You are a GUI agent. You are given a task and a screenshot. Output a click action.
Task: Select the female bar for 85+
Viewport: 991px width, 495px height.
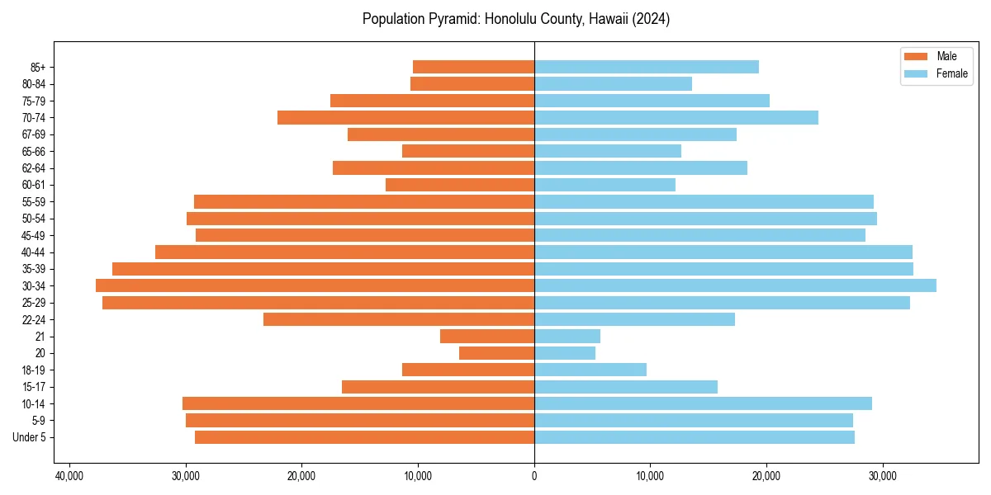(646, 67)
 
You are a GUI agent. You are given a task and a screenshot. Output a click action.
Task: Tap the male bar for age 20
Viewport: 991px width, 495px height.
(496, 353)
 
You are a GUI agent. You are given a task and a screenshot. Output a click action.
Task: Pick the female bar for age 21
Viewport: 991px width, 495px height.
(567, 336)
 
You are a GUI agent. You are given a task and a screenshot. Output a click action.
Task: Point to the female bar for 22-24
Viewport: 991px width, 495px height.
(634, 319)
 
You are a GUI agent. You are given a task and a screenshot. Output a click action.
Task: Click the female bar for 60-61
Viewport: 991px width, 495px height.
(605, 185)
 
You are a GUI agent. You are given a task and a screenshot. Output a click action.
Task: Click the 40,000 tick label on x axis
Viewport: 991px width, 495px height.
(69, 476)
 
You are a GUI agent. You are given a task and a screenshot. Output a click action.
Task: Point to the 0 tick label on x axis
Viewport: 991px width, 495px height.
(534, 476)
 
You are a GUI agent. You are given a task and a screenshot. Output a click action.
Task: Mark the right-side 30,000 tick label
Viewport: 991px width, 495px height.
(883, 476)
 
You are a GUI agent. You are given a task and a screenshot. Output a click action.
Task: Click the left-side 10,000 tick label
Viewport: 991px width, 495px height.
(418, 476)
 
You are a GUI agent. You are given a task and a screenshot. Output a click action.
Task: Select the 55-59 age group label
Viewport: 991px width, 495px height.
(34, 201)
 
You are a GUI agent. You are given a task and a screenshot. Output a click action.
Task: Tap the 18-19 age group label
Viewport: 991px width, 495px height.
(34, 370)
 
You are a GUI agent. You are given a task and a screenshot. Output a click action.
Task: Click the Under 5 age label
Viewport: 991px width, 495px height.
(30, 437)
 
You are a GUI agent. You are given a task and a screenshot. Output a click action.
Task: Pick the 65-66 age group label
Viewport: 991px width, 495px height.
(34, 151)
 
